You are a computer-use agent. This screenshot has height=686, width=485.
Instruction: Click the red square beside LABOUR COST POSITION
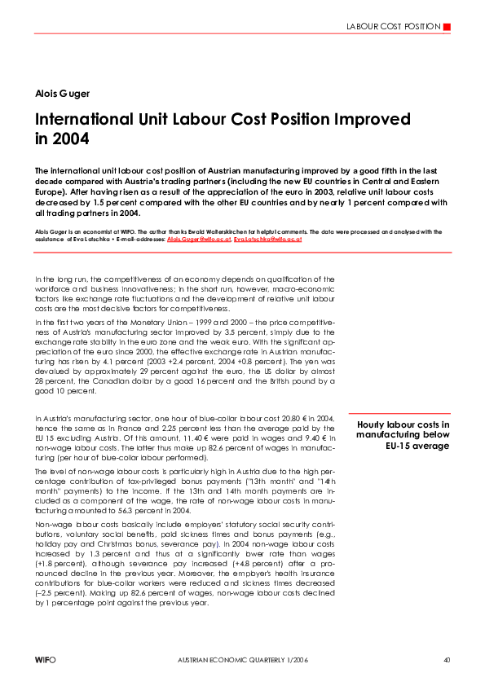pos(446,27)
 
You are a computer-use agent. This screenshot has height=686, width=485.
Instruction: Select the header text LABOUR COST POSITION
pos(393,27)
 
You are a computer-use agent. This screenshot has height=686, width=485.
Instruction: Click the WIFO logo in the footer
pos(45,658)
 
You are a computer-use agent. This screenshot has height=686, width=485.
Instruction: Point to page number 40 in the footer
pos(447,658)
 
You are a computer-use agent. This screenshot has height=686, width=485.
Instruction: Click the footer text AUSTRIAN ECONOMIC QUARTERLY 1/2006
pos(241,658)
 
